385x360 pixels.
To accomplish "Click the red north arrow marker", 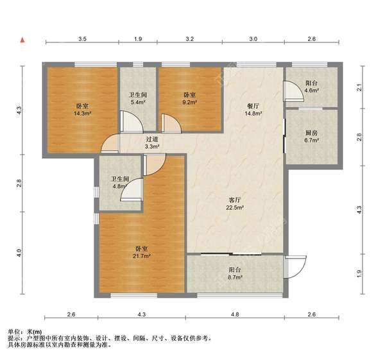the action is [x=22, y=40].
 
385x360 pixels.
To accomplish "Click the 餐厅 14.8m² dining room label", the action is [x=253, y=110].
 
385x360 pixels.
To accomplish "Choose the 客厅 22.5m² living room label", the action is [x=235, y=204].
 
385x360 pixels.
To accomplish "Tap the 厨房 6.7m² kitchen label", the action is [x=312, y=137].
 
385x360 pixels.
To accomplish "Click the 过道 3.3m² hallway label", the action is [x=153, y=143].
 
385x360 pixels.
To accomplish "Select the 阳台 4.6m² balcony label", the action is [x=312, y=87].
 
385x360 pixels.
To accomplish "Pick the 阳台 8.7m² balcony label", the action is [x=235, y=273].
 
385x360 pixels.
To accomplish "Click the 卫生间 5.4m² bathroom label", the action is [x=138, y=98].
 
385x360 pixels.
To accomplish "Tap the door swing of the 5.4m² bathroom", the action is [x=132, y=121].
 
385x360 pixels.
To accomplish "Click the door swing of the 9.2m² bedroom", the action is [x=171, y=123].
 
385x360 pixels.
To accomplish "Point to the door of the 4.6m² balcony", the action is [x=294, y=91].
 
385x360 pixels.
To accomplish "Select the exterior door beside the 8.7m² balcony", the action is [x=295, y=267].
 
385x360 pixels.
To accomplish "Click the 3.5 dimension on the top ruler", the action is [x=82, y=39].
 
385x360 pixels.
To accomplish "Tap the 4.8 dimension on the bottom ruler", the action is [x=235, y=314].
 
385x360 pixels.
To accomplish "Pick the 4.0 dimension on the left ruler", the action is [x=19, y=253].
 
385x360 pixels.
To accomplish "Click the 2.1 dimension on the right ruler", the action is [x=359, y=88].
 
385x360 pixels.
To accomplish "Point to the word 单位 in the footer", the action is [x=13, y=332].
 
